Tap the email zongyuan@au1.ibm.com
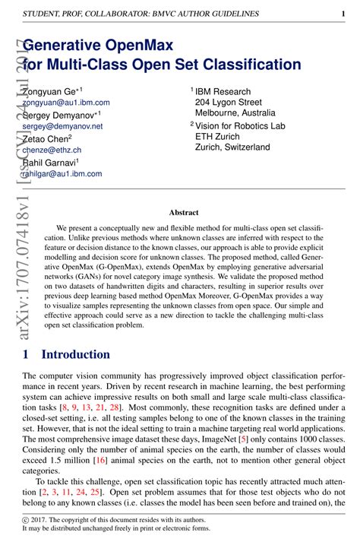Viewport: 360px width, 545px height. pyautogui.click(x=66, y=102)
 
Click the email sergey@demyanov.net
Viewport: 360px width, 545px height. pyautogui.click(x=62, y=126)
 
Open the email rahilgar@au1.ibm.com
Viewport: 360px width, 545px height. pyautogui.click(x=62, y=174)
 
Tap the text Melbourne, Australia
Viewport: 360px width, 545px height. pyautogui.click(x=241, y=113)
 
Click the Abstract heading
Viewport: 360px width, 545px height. pyautogui.click(x=184, y=213)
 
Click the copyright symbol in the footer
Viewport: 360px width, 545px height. pyautogui.click(x=27, y=520)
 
